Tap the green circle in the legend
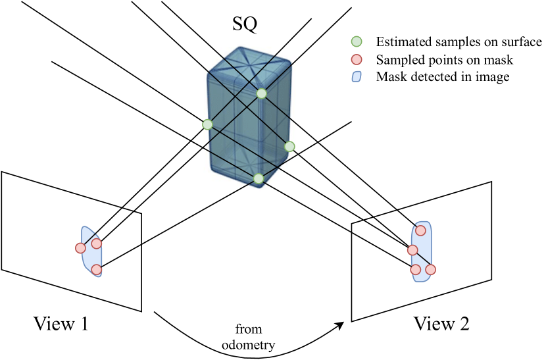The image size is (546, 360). tap(358, 42)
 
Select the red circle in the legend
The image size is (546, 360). tap(358, 60)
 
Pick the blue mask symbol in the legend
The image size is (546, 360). tap(358, 77)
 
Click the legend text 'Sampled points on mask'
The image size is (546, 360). tap(444, 60)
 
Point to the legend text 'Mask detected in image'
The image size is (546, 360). tap(443, 77)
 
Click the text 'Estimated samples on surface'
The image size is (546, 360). tap(459, 42)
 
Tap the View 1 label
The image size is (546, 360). tap(61, 324)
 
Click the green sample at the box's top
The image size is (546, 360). tap(262, 93)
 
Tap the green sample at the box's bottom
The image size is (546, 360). tap(259, 178)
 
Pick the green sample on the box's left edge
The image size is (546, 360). tap(208, 124)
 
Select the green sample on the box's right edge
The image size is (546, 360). tap(289, 146)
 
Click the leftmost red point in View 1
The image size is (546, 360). tap(80, 248)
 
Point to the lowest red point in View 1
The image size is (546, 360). tap(97, 269)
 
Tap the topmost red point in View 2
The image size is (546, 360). tap(420, 230)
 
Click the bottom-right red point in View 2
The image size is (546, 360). tap(431, 269)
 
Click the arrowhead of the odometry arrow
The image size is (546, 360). tap(343, 324)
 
